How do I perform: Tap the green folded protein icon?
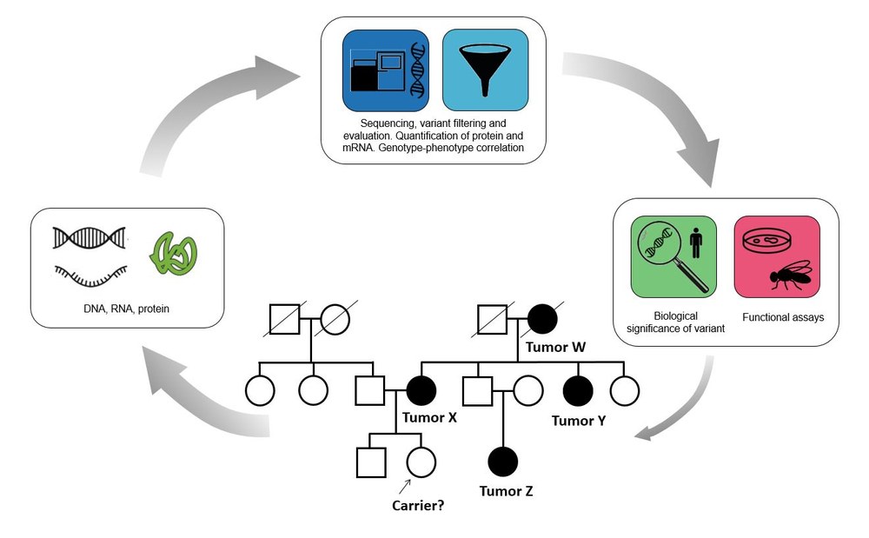174,256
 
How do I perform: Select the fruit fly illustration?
790,275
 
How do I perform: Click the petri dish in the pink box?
766,241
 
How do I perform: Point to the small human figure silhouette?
696,243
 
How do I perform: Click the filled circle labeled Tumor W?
542,319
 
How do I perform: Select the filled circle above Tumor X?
421,390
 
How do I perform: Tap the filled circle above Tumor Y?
578,390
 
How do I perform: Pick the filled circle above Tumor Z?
503,462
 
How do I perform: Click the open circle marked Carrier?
421,462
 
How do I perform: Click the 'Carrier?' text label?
418,505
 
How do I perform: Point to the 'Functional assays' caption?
783,317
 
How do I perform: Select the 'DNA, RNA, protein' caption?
126,309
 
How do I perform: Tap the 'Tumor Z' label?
506,491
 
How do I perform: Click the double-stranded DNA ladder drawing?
90,237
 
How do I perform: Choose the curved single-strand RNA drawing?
90,276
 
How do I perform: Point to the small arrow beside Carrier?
405,487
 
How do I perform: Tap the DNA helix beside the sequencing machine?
418,70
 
